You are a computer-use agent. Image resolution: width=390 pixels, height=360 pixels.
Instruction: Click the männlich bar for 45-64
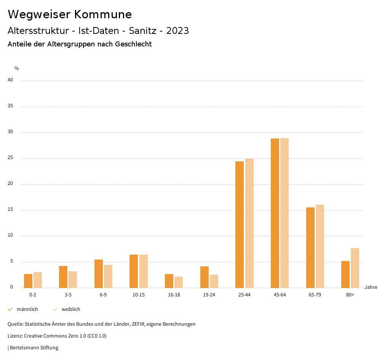pos(275,213)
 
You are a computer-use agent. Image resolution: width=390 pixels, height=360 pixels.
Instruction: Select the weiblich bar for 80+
pos(355,268)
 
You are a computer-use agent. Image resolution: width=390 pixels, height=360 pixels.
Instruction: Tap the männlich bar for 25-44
pos(240,225)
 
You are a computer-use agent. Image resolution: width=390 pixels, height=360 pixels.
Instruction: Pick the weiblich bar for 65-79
pos(320,246)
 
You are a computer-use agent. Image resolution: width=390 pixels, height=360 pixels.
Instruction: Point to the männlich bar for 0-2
pos(28,281)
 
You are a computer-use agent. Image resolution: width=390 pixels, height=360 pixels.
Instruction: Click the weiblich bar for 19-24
pos(214,281)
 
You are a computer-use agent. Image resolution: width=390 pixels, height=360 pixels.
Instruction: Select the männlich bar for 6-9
pos(99,274)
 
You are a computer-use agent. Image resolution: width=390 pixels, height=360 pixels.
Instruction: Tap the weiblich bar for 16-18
pos(179,282)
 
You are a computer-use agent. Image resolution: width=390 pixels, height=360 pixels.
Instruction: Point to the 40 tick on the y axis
pos(10,80)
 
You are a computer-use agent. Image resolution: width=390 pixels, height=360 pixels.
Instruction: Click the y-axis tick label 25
pos(10,158)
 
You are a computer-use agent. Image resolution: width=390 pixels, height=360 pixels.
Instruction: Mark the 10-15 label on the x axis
pos(139,295)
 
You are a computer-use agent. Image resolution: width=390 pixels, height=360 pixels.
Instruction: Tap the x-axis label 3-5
pos(68,295)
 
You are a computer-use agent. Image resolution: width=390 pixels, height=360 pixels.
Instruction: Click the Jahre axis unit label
pos(371,287)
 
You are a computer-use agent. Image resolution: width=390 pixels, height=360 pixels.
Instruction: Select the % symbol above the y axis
pos(17,68)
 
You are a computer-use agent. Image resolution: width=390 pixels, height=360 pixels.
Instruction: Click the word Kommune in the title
pos(103,14)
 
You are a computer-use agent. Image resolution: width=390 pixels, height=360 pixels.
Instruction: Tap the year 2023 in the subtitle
pos(177,31)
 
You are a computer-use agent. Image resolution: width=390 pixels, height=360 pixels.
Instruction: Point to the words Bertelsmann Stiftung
pos(34,348)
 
